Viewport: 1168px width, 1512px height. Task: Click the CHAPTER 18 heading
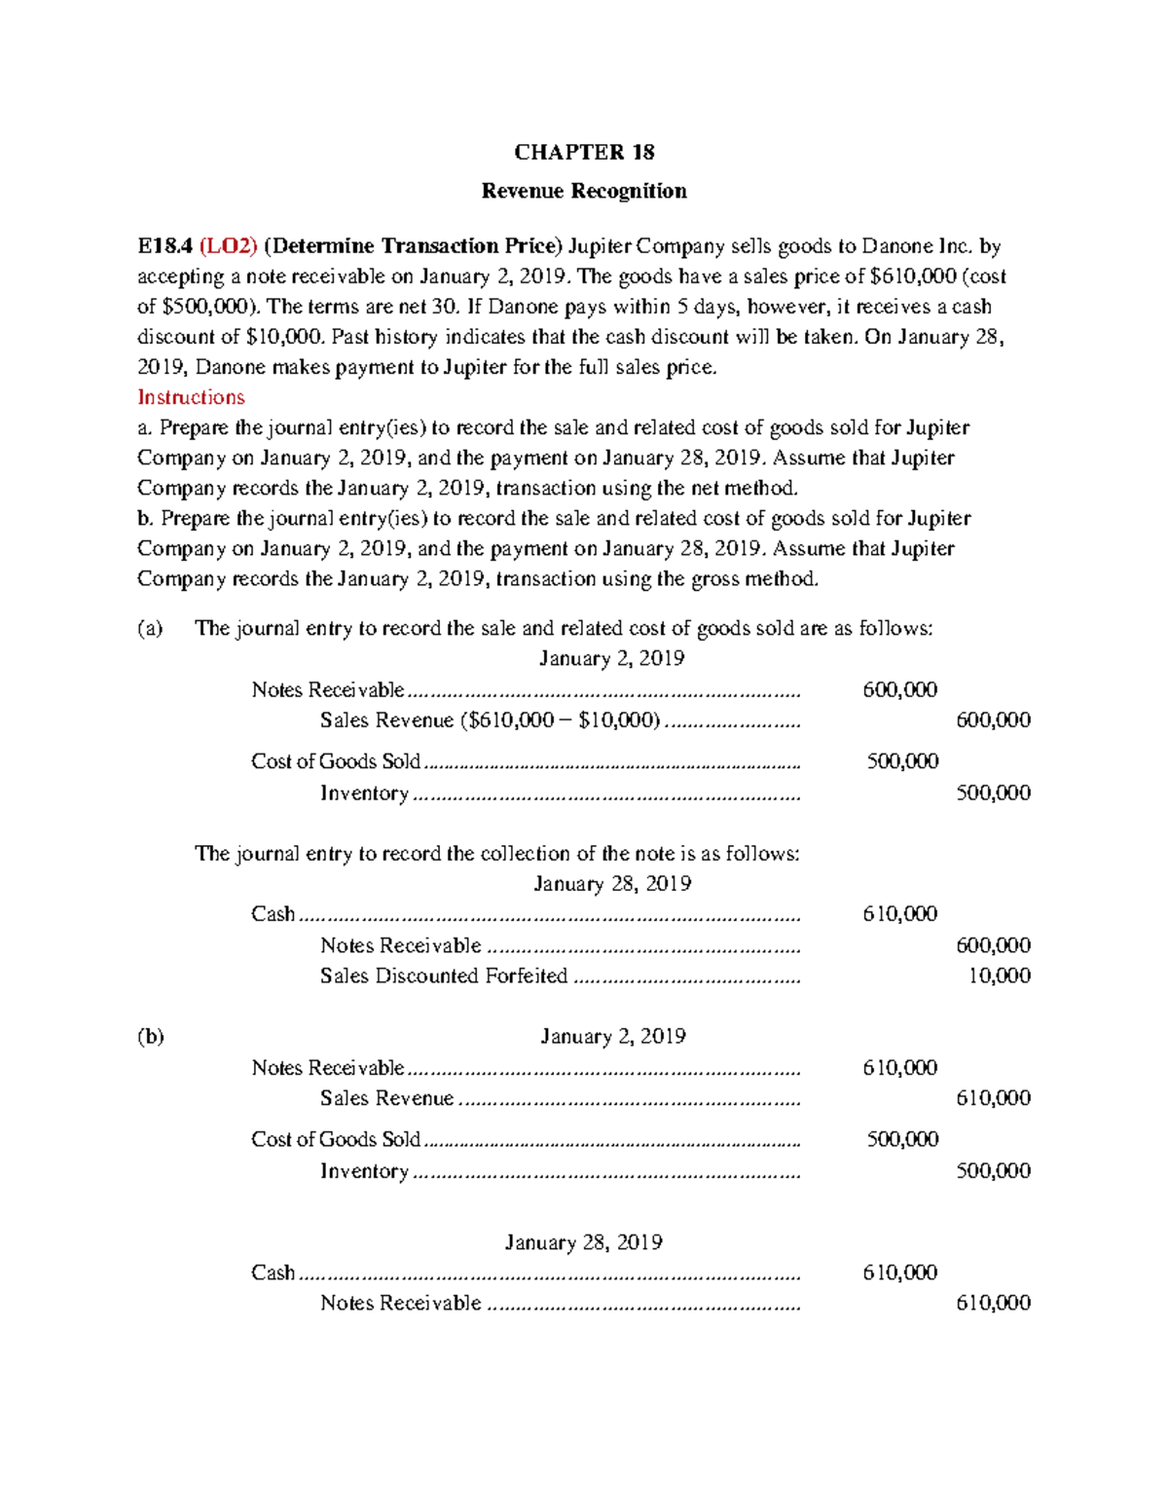(584, 152)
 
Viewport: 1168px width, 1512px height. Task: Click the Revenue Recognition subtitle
(584, 191)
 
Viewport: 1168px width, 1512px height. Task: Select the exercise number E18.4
(164, 246)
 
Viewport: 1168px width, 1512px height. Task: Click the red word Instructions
(191, 397)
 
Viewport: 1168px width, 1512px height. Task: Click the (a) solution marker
(150, 628)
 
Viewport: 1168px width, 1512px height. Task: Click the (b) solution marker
(150, 1036)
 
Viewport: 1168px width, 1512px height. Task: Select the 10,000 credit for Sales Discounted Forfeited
(1000, 976)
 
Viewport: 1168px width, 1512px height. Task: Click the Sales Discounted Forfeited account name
(444, 976)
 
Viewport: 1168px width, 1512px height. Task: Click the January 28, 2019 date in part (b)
(584, 1242)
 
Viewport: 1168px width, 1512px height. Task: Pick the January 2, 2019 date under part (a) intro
(612, 659)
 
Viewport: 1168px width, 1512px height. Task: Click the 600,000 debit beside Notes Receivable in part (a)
(900, 690)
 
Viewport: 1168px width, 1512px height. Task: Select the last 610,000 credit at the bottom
(993, 1303)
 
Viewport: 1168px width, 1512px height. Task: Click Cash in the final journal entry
(273, 1272)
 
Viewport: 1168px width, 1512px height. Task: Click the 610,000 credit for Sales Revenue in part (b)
(993, 1098)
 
